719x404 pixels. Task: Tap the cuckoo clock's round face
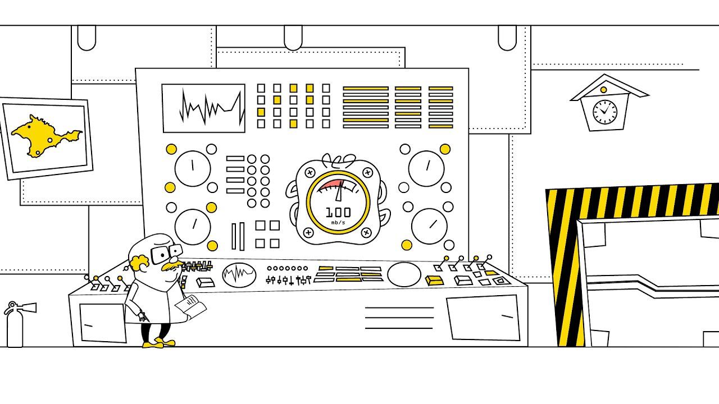pos(604,112)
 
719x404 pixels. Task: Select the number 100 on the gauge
pos(338,212)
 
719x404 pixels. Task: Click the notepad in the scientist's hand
pos(190,306)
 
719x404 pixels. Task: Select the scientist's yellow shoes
pos(158,342)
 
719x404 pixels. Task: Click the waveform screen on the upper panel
pos(203,108)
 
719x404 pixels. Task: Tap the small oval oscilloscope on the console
pos(239,274)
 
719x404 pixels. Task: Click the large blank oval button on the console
pos(404,274)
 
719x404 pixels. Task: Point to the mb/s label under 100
pos(338,223)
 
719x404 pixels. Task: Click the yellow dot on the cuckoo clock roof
pos(603,90)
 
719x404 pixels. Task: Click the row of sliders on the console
pos(288,279)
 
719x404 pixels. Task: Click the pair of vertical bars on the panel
pos(238,236)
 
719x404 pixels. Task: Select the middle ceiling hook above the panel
pos(293,38)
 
